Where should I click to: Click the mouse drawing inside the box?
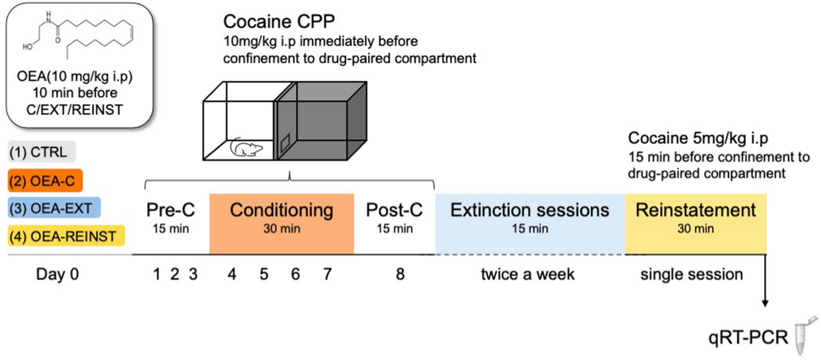(244, 149)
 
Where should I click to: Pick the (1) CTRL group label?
(41, 153)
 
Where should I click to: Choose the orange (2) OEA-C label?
(45, 181)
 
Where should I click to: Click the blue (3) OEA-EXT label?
(53, 209)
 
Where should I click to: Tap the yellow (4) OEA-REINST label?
(66, 237)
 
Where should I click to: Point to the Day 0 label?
(58, 275)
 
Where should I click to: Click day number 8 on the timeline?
(400, 275)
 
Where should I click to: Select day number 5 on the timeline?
(263, 275)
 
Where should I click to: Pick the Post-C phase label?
(394, 209)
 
